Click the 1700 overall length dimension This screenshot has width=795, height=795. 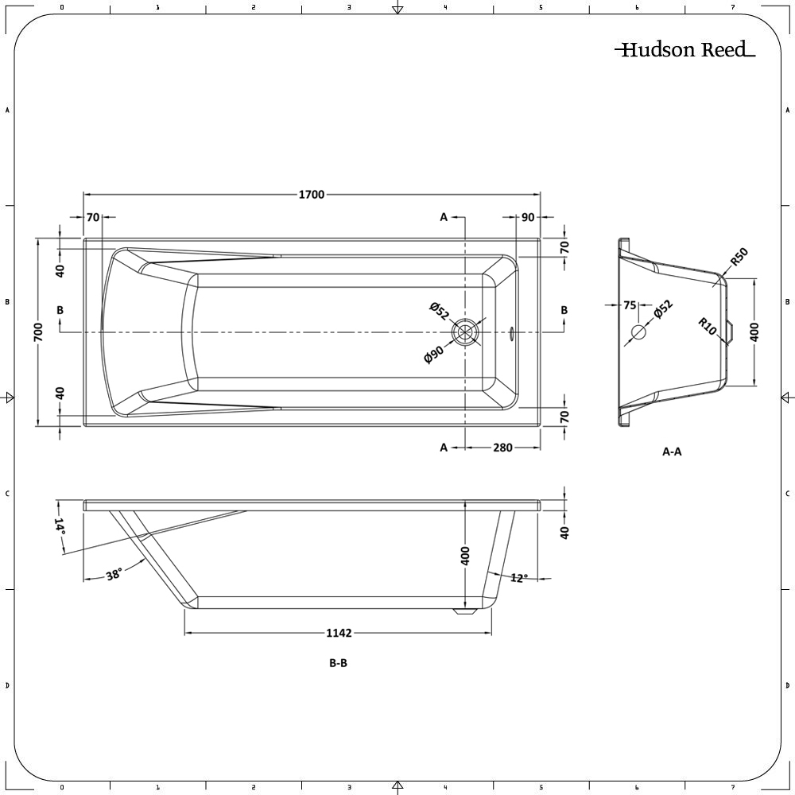(x=311, y=195)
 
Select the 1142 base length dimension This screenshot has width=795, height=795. (x=339, y=633)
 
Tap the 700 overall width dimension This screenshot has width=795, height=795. (x=38, y=332)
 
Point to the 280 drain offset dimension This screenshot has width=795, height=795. (x=502, y=448)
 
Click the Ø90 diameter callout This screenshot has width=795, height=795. (x=435, y=354)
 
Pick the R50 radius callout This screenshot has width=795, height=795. (x=739, y=258)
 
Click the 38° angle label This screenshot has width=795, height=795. (x=114, y=575)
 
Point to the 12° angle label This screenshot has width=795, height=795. (x=518, y=578)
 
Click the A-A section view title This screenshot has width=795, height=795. (x=672, y=452)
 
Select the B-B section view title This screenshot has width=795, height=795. (x=338, y=664)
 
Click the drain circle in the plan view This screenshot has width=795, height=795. (x=464, y=332)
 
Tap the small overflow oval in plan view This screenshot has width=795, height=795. (x=511, y=332)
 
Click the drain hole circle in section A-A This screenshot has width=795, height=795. (x=638, y=332)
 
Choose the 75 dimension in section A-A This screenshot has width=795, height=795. (x=630, y=304)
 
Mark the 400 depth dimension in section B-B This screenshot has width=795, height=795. (x=466, y=555)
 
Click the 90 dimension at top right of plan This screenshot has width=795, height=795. (x=527, y=217)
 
